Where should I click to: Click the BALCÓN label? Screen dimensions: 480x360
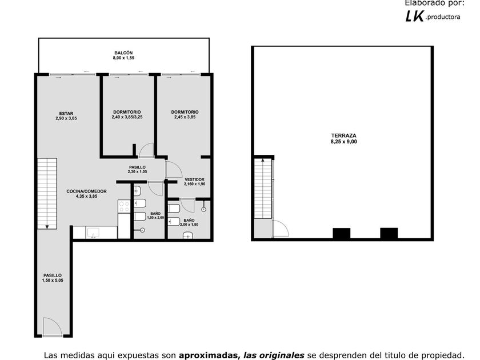pos(123,53)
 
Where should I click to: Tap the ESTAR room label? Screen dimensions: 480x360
pos(66,113)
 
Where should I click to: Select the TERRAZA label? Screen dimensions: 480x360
pos(344,135)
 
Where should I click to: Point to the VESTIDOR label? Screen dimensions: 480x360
pos(194,179)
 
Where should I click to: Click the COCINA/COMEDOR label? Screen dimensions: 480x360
pos(87,191)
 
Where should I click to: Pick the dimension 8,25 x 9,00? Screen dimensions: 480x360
pos(344,142)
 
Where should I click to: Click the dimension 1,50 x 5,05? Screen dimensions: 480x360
pos(53,280)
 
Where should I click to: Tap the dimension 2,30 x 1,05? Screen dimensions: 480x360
pos(138,172)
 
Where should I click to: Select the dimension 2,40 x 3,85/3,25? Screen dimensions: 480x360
pos(127,117)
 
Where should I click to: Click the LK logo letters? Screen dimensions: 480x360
pos(415,16)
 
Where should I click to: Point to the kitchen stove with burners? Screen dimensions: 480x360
pos(124,206)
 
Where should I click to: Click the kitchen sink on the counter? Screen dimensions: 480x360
pos(93,233)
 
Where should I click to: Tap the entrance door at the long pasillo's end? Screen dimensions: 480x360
pos(53,327)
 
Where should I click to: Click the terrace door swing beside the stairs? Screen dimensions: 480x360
pos(281,229)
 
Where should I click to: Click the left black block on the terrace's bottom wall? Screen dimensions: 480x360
pos(342,233)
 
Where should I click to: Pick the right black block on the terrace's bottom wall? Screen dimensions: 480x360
pos(389,233)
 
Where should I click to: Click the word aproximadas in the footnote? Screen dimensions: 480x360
pos(209,355)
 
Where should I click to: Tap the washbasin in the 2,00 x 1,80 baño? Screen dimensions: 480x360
pos(188,235)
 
